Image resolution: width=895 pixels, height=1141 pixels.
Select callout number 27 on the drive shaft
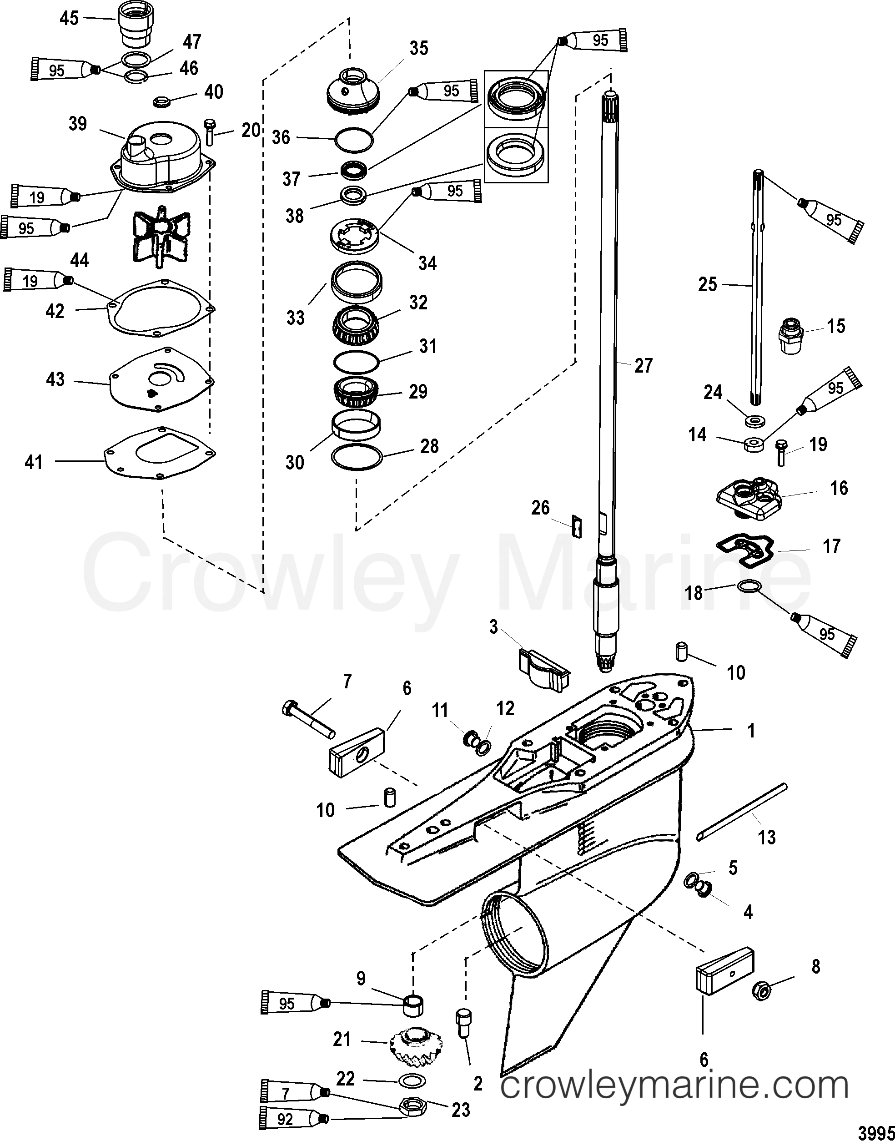click(643, 365)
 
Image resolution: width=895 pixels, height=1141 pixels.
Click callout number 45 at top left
click(69, 19)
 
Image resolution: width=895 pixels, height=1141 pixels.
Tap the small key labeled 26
click(577, 526)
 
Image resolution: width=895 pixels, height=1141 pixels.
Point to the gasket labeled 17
click(744, 549)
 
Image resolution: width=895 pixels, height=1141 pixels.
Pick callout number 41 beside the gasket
click(34, 462)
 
